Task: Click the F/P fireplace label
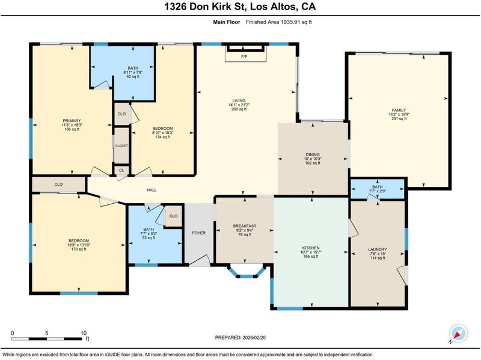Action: coord(244,56)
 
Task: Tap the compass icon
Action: coord(458,334)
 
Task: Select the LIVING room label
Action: coord(239,100)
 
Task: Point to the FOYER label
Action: coord(199,233)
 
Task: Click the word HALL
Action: coord(152,190)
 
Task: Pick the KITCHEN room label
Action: coord(311,248)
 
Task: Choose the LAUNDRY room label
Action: coord(378,249)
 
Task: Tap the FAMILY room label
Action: coord(399,110)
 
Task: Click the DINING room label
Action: coord(313,154)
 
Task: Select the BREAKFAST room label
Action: coord(245,226)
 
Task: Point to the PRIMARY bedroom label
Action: coord(72,121)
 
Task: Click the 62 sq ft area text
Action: coord(133,76)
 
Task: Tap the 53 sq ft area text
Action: coord(149,237)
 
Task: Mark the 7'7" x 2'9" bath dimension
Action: coord(378,191)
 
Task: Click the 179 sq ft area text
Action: coord(79,249)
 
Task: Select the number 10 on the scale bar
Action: coord(84,333)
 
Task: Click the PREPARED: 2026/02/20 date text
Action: coord(240,338)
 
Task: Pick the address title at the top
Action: coord(240,7)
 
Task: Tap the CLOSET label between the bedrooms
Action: coord(121,145)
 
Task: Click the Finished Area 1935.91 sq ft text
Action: coord(279,22)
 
